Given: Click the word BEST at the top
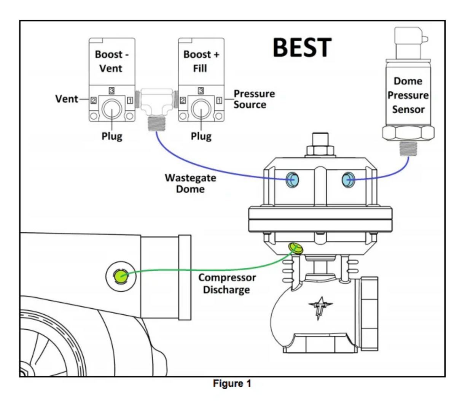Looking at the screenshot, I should tap(302, 48).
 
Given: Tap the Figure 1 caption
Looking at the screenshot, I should tap(232, 383).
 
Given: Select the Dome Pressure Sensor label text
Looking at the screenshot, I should tap(408, 95).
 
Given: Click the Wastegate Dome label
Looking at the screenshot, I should tap(190, 183).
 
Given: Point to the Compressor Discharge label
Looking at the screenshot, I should tap(226, 284).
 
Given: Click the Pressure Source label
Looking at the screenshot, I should tap(254, 99).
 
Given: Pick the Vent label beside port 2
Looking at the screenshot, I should tap(67, 99).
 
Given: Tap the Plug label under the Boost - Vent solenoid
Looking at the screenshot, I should tap(112, 136).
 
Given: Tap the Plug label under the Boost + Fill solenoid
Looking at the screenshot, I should tap(201, 136).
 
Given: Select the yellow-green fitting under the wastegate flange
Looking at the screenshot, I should tap(296, 248).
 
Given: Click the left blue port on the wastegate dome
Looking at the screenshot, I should tap(293, 179).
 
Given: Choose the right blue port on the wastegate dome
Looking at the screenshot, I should tap(348, 179).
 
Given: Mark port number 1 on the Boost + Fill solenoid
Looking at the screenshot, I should tap(219, 100).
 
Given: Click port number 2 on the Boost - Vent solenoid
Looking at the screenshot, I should tap(93, 100).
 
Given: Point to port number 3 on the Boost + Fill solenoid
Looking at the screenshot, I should tap(201, 90).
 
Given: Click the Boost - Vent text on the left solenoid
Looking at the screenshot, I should tap(112, 61).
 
